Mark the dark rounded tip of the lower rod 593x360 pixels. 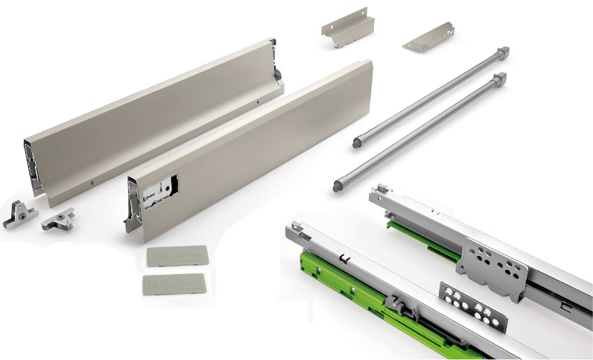click(338, 186)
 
